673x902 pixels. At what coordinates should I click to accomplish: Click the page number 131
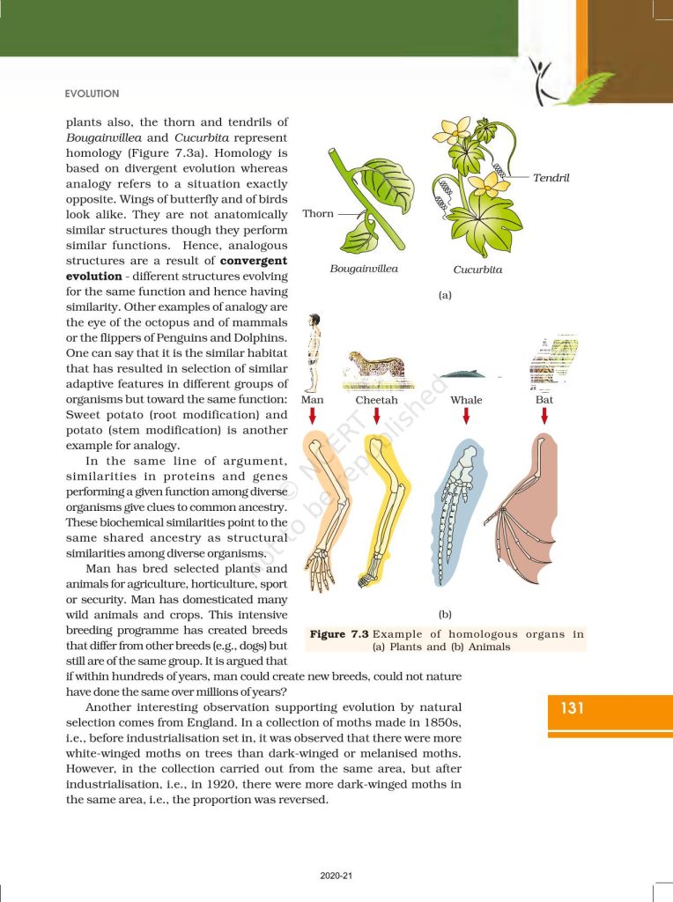tap(573, 706)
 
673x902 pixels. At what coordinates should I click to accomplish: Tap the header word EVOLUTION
tap(92, 93)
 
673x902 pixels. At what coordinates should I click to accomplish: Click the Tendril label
tap(551, 178)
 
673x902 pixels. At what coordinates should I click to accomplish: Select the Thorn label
tap(318, 214)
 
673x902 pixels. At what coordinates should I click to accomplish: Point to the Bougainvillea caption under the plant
tap(364, 268)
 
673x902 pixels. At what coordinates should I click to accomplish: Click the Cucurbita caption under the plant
tap(477, 270)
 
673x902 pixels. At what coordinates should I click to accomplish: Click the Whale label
tap(466, 400)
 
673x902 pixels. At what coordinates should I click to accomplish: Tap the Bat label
tap(544, 400)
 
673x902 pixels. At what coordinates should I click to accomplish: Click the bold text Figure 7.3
tap(339, 634)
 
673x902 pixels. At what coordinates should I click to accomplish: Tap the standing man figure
tap(312, 352)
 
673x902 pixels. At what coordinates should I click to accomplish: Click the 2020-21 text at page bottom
tap(336, 876)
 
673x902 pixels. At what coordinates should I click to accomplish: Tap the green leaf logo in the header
tap(577, 85)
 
